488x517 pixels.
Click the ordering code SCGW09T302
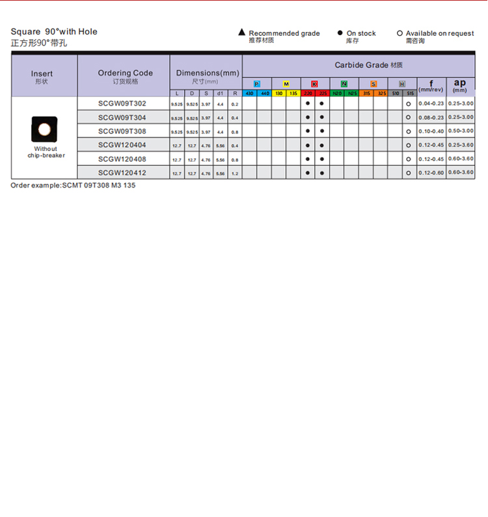click(x=122, y=104)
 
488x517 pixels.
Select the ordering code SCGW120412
click(x=122, y=173)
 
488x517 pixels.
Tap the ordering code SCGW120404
click(x=122, y=145)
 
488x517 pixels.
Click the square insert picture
click(x=44, y=129)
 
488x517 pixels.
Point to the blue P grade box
click(x=257, y=85)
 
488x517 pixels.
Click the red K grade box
click(x=315, y=85)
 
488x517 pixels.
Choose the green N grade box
click(x=344, y=85)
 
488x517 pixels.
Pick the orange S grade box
click(x=373, y=85)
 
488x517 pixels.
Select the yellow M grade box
click(x=286, y=85)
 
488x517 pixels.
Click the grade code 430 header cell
click(x=250, y=94)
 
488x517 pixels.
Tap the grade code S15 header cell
click(x=410, y=94)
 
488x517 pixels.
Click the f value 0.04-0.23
click(x=431, y=104)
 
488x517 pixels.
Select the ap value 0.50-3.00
click(x=461, y=132)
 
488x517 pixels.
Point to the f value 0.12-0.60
click(x=431, y=173)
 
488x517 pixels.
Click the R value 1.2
click(x=235, y=174)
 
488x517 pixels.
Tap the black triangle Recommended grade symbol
click(x=241, y=33)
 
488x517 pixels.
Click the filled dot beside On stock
click(x=340, y=33)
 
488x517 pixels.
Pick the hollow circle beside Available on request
click(x=400, y=33)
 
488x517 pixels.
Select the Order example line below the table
click(x=73, y=186)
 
